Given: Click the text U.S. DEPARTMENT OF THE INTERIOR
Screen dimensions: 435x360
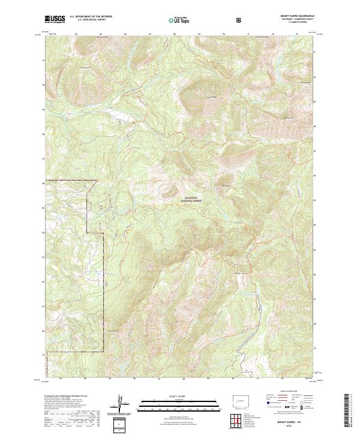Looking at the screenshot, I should (x=91, y=16).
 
